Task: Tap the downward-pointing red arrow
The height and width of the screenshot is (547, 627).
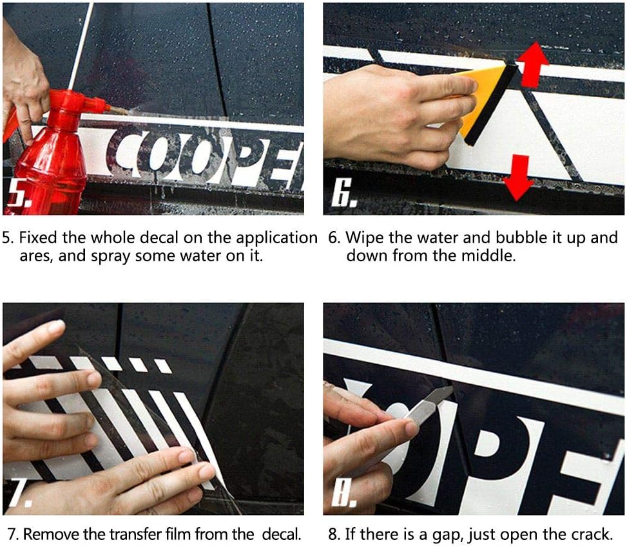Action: [x=518, y=178]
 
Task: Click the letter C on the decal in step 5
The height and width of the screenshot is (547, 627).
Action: [x=125, y=154]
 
